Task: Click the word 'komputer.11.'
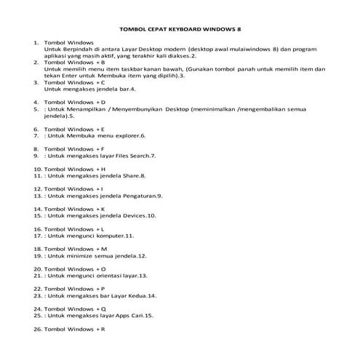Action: (116, 236)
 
